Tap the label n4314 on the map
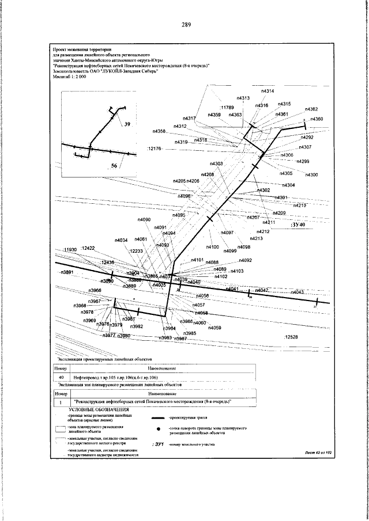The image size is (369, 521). click(268, 91)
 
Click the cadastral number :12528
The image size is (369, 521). click(291, 337)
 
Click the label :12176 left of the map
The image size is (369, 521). click(156, 149)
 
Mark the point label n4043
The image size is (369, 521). click(298, 292)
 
